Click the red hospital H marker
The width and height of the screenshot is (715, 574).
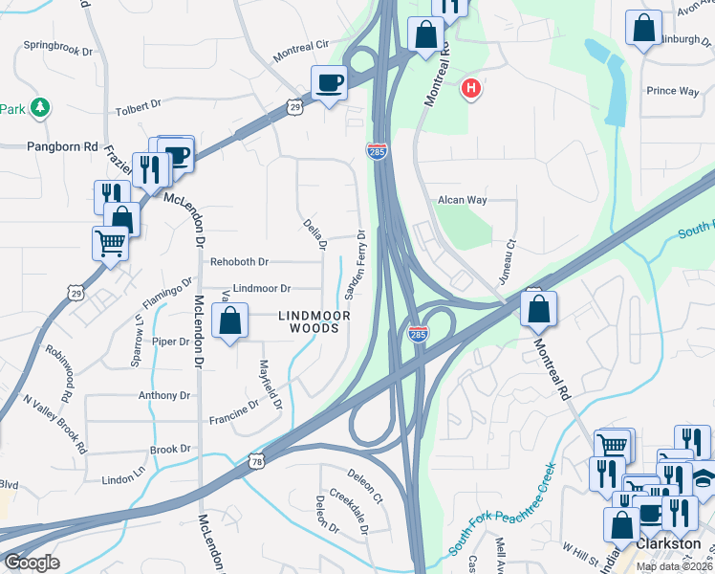click(470, 90)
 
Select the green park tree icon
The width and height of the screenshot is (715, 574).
click(40, 106)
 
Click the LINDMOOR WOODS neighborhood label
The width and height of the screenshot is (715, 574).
click(309, 321)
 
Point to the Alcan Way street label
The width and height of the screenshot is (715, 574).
click(463, 200)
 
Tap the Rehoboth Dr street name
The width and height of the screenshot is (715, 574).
click(240, 261)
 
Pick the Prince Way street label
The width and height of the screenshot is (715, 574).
click(673, 92)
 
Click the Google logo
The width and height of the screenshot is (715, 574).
click(32, 562)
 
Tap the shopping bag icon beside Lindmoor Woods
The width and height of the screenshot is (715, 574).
click(230, 322)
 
